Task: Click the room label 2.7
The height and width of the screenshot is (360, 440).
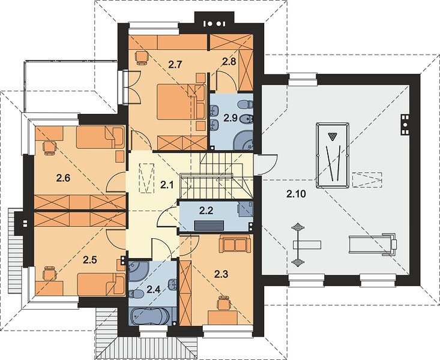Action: (175, 65)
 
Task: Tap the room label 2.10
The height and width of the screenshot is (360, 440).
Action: (296, 194)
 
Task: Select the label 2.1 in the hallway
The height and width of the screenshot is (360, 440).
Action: (167, 184)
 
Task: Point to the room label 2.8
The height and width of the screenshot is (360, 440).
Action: (229, 61)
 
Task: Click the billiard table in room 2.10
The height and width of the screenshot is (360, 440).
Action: (333, 155)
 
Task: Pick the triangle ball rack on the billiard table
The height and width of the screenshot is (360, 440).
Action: (333, 137)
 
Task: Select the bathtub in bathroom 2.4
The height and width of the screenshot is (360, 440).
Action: (152, 317)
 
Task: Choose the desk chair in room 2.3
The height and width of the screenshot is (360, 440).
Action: (224, 303)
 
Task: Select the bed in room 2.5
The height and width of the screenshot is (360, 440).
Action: (101, 284)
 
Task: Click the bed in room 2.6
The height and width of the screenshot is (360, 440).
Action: (100, 137)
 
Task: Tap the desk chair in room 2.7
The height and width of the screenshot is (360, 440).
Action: (142, 58)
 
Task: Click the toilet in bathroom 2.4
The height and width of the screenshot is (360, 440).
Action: (136, 294)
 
